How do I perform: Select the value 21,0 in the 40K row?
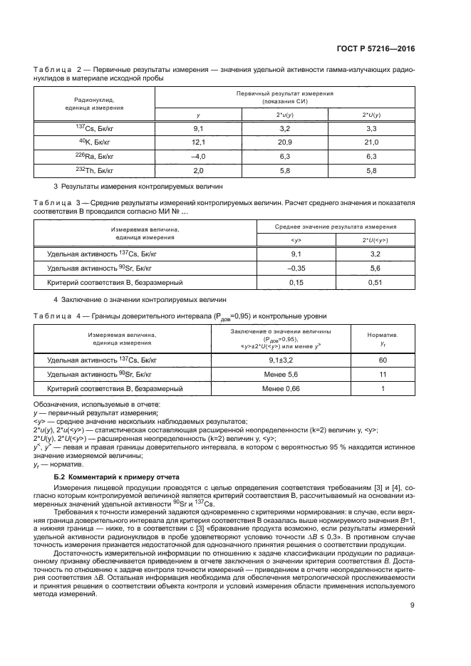[371, 142]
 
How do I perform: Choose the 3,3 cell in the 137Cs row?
[371, 128]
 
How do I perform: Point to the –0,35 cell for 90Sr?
[296, 268]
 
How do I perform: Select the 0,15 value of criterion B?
[296, 282]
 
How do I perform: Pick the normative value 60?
[383, 361]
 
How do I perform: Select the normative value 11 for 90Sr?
[383, 375]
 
